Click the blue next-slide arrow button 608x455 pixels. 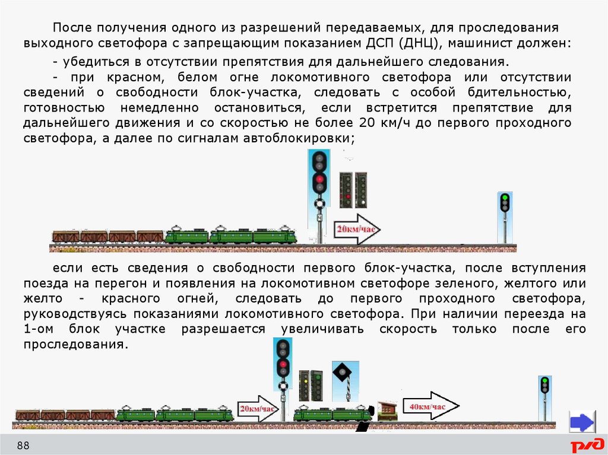[581, 422]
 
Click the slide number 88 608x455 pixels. [23, 446]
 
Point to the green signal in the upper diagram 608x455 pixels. [505, 198]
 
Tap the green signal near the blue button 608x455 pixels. [544, 380]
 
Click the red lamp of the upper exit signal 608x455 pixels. [319, 179]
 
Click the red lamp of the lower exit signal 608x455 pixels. [283, 364]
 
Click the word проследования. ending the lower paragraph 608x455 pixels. [75, 344]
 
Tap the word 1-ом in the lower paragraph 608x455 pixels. [41, 329]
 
